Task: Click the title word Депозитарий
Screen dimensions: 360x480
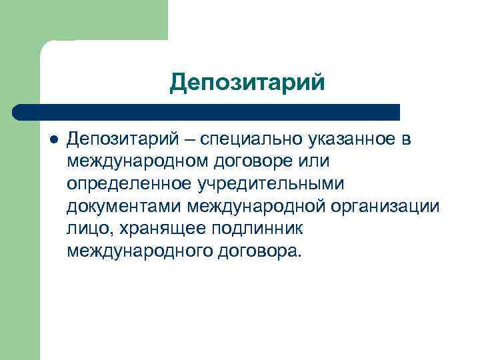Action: [x=248, y=83]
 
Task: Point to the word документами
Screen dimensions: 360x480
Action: [x=125, y=206]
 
